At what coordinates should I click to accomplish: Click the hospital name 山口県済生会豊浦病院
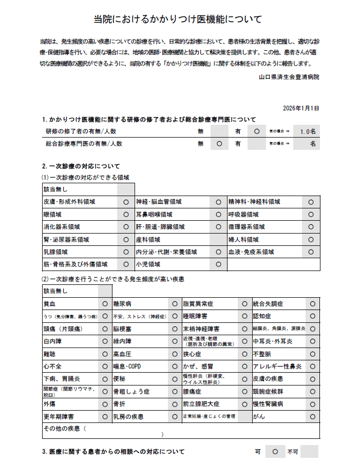(x=289, y=77)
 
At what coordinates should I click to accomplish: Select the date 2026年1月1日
(x=301, y=108)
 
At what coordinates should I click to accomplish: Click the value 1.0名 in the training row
(x=308, y=131)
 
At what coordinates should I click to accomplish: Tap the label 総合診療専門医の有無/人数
(x=84, y=144)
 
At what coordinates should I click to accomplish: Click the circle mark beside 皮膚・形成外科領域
(x=126, y=202)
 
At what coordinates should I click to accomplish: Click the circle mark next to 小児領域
(x=218, y=264)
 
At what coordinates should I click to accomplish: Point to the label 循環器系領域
(x=247, y=227)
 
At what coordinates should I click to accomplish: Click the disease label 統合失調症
(x=269, y=304)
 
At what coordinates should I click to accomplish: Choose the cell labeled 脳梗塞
(x=123, y=329)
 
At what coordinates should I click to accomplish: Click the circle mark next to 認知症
(x=313, y=316)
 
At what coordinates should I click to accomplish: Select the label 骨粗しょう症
(x=131, y=392)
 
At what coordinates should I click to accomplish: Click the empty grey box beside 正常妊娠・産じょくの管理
(x=244, y=416)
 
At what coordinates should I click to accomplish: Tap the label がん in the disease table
(x=259, y=416)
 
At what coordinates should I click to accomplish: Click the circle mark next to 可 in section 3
(x=275, y=452)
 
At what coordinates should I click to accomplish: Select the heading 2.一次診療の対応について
(x=81, y=166)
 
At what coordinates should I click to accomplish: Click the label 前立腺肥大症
(x=201, y=404)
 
